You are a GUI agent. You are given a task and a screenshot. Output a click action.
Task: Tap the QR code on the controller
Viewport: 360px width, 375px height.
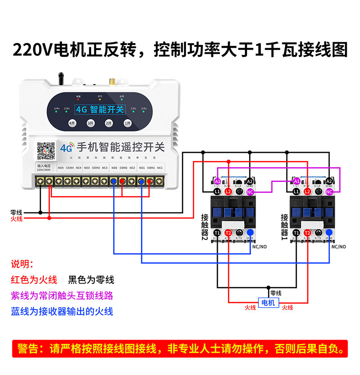click(46, 151)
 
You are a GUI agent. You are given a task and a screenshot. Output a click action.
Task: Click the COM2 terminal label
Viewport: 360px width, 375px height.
click(123, 167)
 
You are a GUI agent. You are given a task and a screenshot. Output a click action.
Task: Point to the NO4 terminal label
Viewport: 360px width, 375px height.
click(61, 167)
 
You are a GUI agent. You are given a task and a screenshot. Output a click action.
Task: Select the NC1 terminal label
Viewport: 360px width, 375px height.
click(160, 167)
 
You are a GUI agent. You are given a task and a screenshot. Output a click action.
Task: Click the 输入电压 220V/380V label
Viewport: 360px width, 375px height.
click(44, 168)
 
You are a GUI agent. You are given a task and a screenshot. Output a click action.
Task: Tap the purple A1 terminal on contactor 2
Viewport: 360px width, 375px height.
click(217, 181)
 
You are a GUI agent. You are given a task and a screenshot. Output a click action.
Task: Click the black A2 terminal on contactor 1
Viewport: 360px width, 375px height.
click(329, 181)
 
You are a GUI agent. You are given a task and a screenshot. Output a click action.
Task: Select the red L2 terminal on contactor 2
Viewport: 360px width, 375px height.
click(228, 192)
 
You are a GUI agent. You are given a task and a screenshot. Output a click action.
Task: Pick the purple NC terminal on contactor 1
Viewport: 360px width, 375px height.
click(329, 192)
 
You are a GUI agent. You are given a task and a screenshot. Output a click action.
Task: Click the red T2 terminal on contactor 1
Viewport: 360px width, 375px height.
click(308, 233)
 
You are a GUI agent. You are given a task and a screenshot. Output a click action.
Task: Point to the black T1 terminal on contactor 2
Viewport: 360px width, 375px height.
click(217, 233)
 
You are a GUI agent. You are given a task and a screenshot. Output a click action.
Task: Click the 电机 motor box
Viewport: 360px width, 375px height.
click(267, 303)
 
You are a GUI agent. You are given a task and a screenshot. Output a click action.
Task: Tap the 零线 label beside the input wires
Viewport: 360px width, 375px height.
click(16, 212)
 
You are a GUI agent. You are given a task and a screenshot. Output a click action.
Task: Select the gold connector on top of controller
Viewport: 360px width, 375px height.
click(111, 81)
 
